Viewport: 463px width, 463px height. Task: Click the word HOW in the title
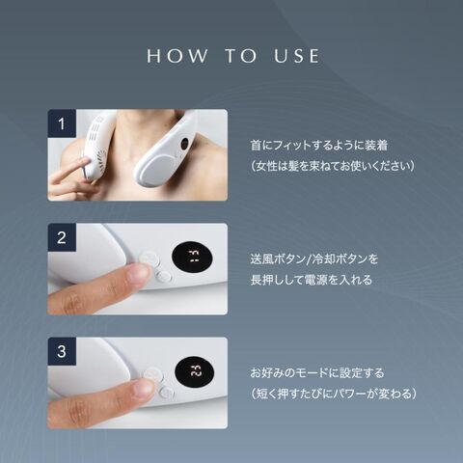[177, 56]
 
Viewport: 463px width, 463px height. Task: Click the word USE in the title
[296, 56]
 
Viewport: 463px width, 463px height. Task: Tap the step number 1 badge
[62, 123]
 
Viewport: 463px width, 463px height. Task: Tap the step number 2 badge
[62, 237]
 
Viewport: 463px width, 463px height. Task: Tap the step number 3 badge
[62, 351]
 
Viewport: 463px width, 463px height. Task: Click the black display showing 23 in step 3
[195, 371]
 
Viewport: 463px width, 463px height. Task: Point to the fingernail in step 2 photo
[138, 275]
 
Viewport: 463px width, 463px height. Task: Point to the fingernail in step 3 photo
[143, 388]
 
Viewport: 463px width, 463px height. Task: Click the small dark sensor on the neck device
[184, 144]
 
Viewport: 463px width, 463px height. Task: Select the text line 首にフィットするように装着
[319, 146]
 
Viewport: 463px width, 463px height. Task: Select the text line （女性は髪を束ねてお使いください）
[333, 166]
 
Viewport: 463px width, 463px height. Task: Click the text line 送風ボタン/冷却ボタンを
[314, 259]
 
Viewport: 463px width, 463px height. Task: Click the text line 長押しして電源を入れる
[312, 280]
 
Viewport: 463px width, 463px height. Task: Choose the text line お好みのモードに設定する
[317, 373]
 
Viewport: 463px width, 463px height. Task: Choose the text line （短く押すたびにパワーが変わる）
[334, 394]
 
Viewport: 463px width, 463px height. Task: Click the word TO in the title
[240, 56]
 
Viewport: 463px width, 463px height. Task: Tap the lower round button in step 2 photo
[164, 276]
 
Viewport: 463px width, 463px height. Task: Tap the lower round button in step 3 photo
[167, 393]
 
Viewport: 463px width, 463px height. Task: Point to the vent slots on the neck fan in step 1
[94, 133]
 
